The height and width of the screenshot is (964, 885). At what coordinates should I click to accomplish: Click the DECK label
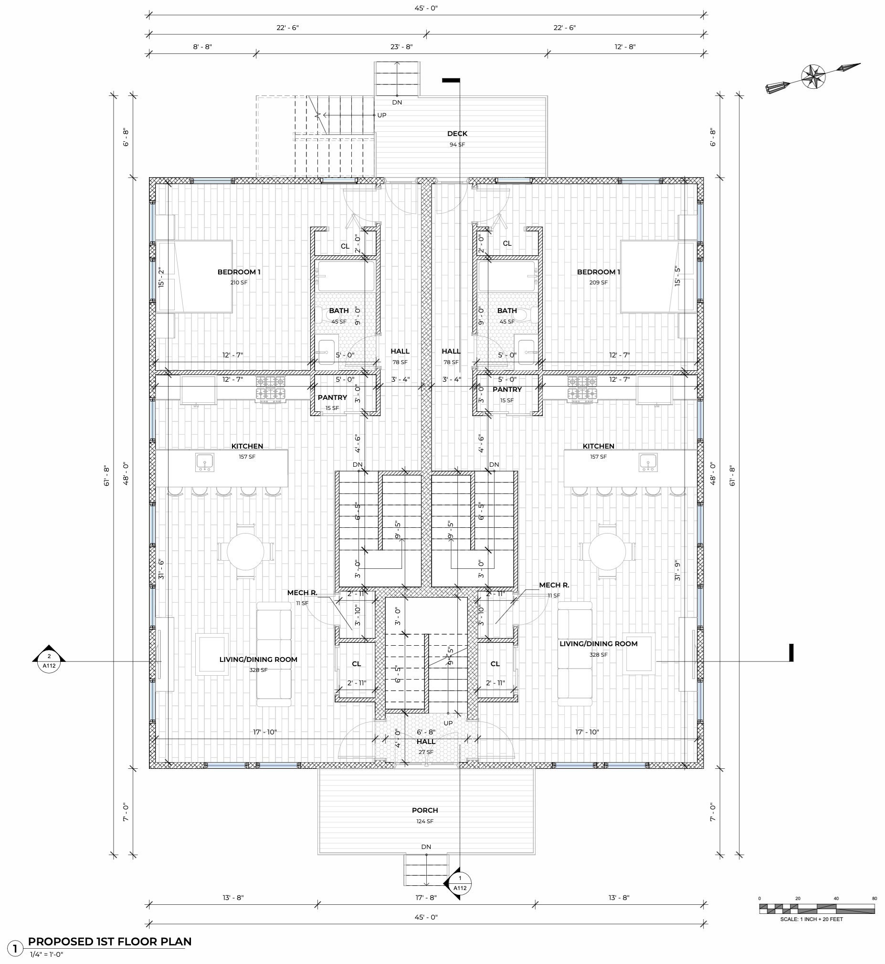click(457, 134)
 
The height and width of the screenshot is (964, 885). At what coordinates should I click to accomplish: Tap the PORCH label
click(425, 810)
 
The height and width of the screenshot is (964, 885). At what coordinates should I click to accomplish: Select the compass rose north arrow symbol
click(813, 76)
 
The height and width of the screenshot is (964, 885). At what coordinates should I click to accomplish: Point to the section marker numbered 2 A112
click(49, 661)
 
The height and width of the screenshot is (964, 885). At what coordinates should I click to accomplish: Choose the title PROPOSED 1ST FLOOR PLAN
click(110, 942)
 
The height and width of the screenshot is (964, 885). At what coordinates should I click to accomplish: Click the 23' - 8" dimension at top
click(401, 47)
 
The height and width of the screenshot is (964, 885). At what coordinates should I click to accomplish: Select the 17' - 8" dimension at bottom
click(426, 898)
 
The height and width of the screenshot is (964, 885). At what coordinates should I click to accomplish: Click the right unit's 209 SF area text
click(598, 283)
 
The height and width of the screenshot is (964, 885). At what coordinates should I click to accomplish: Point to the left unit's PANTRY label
click(332, 397)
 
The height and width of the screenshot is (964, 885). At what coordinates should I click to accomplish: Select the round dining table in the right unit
click(607, 551)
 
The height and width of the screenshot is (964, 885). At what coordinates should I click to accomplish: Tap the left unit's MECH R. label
click(302, 593)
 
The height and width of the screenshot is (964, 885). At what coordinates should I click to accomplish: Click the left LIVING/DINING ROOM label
click(258, 659)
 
